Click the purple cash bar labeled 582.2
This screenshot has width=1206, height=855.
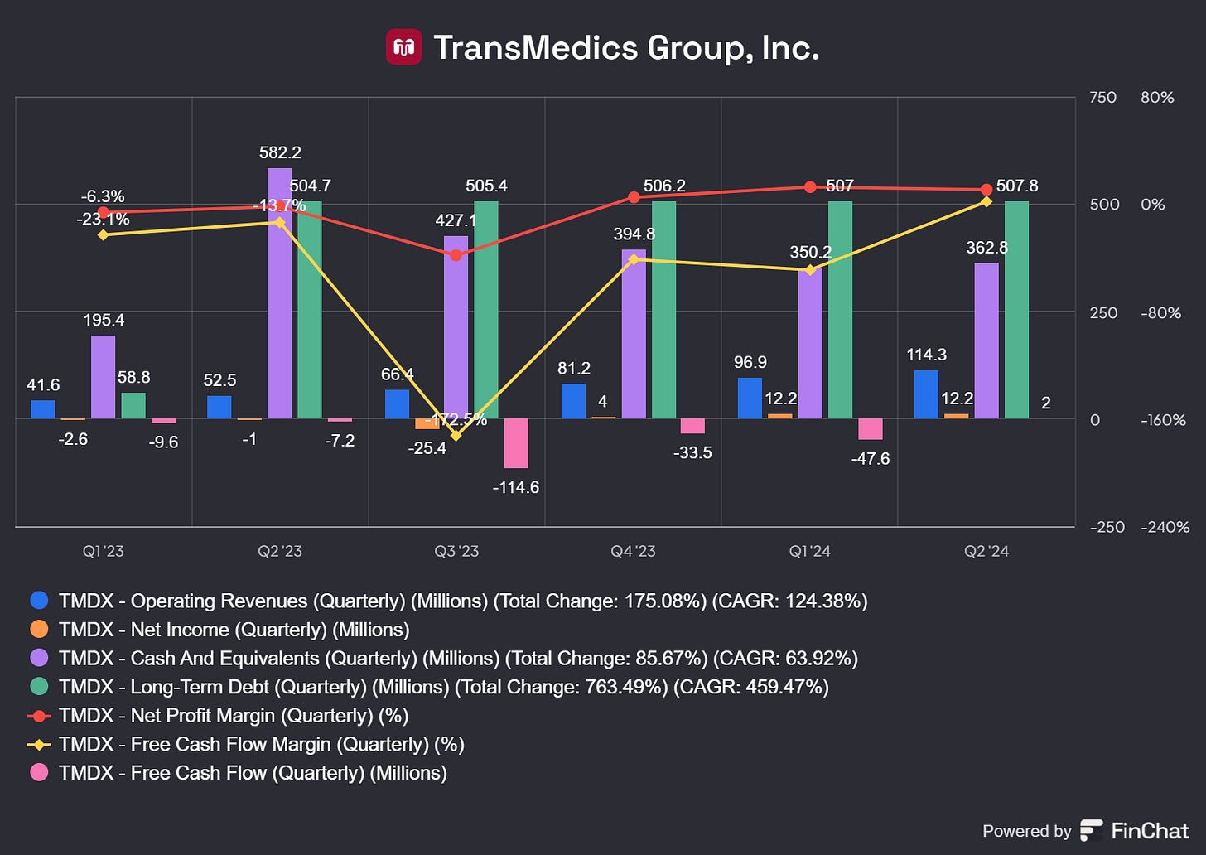pos(279,293)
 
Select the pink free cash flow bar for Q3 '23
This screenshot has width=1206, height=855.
pos(516,443)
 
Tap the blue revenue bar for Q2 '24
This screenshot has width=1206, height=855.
pos(926,394)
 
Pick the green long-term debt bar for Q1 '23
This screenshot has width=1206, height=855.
pos(133,406)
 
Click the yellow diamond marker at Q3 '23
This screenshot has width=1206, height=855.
pos(456,436)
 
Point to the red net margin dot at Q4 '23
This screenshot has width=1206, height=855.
pos(634,197)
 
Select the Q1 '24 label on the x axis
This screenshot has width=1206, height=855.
pos(809,552)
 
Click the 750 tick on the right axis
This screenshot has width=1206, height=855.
pos(1102,98)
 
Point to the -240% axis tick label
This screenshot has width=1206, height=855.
pos(1165,527)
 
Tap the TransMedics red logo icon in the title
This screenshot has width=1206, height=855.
pos(404,47)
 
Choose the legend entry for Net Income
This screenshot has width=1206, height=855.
pos(234,630)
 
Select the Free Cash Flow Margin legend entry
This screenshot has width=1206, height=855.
pos(261,744)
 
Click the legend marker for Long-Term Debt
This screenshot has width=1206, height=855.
pos(39,687)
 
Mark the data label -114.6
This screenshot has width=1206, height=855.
pos(515,487)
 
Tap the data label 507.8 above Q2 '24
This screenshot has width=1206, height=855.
pos(1016,186)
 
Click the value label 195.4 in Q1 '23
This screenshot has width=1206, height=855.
pos(104,320)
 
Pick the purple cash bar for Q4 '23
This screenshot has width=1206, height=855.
pos(634,334)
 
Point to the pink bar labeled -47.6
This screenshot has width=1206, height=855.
pos(870,428)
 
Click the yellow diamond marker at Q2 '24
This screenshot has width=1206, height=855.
pos(986,201)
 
